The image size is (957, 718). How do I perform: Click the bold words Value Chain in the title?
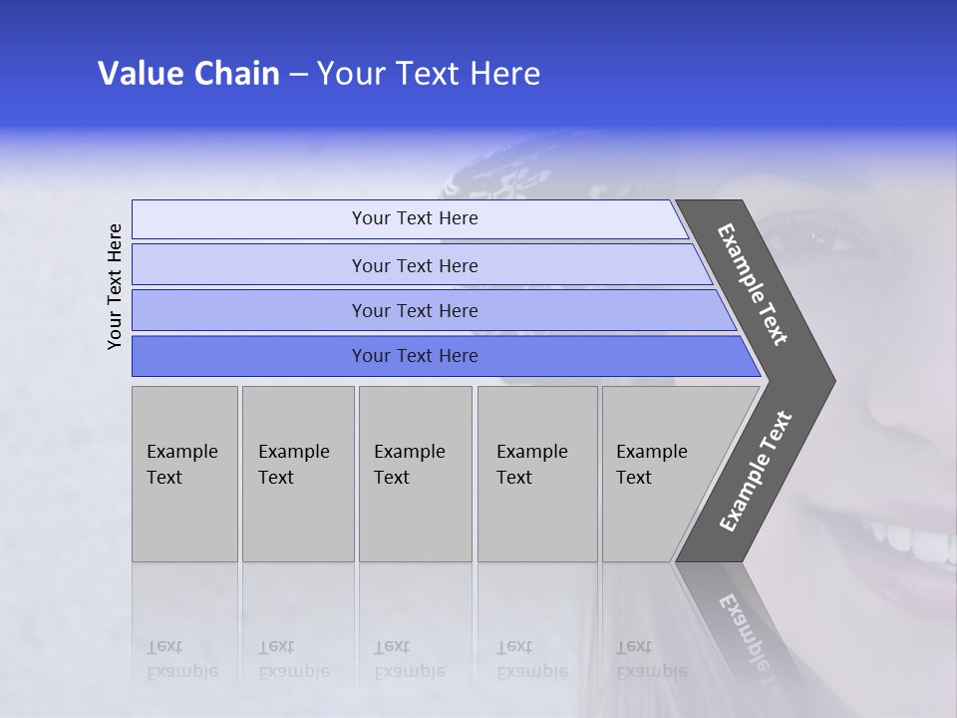tap(188, 74)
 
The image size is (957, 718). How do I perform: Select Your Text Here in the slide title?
tap(429, 74)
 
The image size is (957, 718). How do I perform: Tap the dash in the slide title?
tap(298, 75)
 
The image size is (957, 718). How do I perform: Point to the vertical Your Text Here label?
tap(115, 286)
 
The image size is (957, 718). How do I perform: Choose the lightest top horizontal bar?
tap(415, 218)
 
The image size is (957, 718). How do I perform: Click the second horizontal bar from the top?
tap(415, 265)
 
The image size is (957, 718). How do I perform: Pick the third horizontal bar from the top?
tap(415, 310)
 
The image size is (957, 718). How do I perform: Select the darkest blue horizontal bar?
tap(415, 356)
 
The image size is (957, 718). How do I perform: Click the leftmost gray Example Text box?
tap(184, 474)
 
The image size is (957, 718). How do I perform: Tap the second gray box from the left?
tap(297, 474)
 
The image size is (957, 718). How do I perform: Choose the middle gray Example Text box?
tap(415, 474)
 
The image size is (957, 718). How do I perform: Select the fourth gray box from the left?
tap(536, 474)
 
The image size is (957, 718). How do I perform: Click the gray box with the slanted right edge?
tap(658, 474)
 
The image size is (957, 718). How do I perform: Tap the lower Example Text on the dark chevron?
tap(756, 471)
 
